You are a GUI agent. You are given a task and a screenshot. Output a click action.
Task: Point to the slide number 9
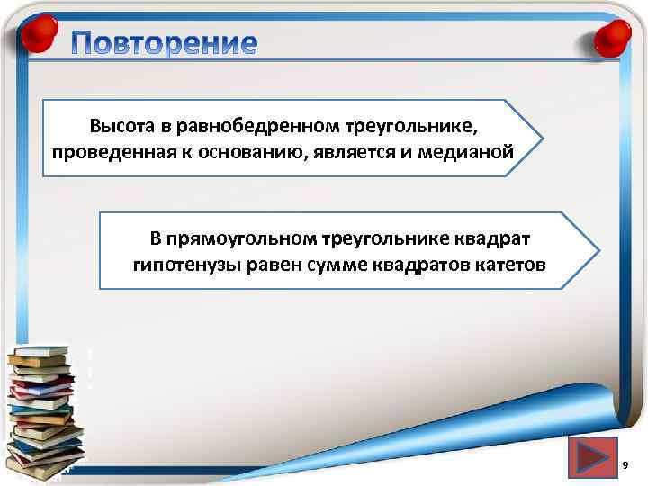pyautogui.click(x=624, y=464)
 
